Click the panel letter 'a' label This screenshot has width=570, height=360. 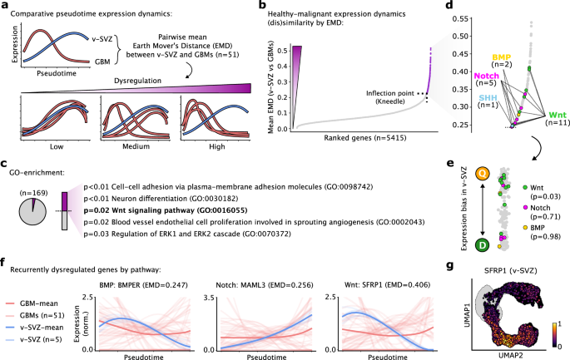[x=5, y=7]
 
